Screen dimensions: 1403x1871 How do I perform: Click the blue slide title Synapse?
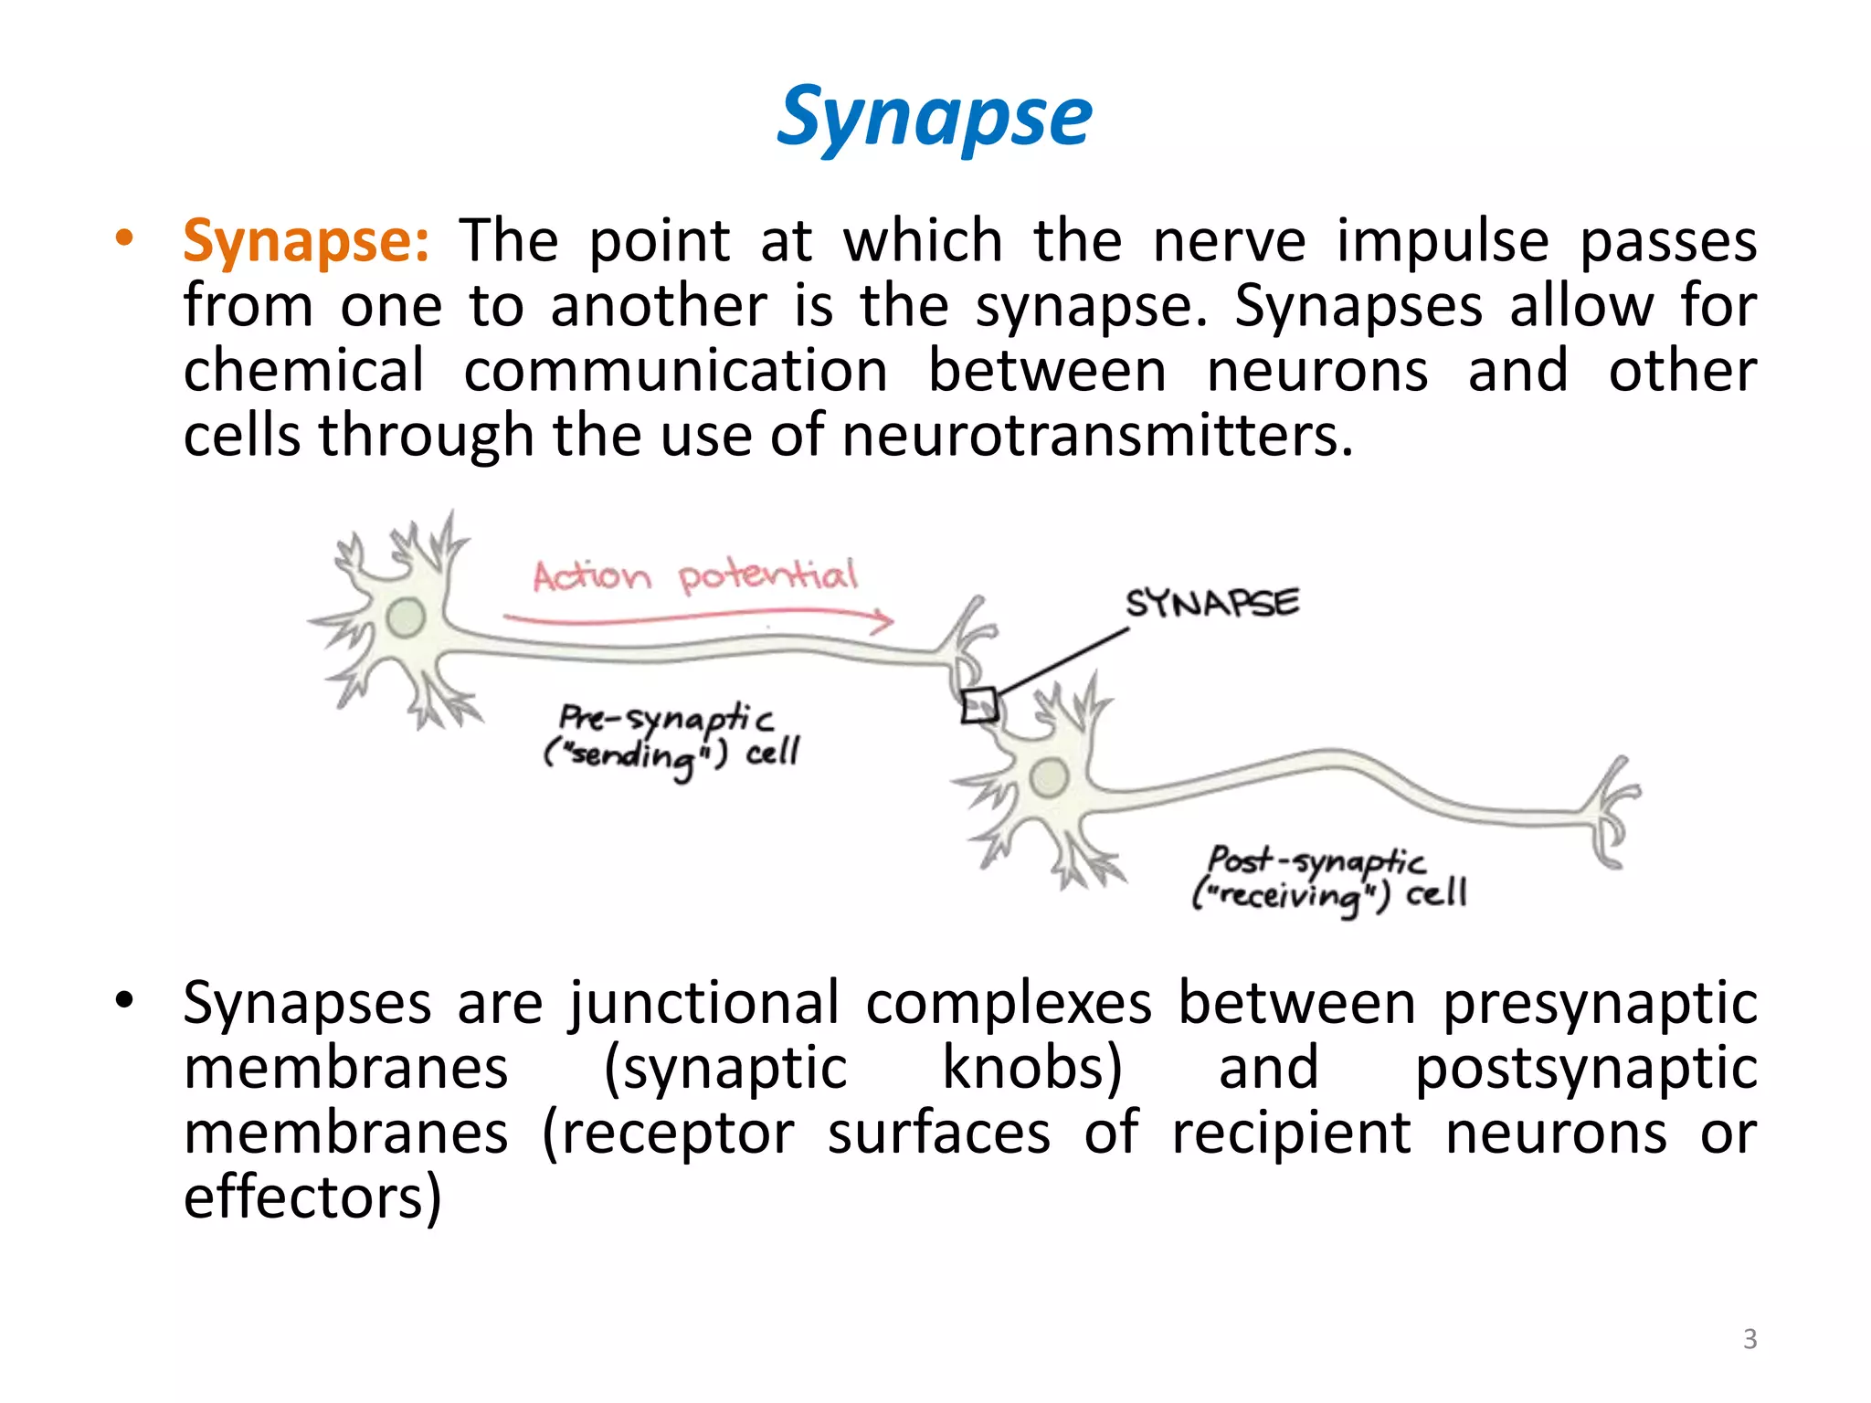point(934,117)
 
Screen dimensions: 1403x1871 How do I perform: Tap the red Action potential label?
point(694,576)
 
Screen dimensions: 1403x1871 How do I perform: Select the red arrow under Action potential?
point(699,620)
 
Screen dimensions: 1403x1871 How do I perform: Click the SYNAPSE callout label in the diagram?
point(1211,603)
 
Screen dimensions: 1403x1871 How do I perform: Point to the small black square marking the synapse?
point(978,705)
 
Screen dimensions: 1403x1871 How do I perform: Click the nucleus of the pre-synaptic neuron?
point(406,617)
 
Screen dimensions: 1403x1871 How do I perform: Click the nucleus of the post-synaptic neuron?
point(1049,777)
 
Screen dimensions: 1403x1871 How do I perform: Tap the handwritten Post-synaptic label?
point(1316,860)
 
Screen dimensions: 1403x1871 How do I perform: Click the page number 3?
point(1749,1339)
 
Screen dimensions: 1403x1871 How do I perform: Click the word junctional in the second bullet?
point(703,1004)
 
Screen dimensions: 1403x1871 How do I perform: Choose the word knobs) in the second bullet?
point(1032,1068)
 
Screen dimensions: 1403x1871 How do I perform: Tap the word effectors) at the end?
point(312,1197)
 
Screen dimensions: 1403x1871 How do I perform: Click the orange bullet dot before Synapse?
point(124,239)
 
